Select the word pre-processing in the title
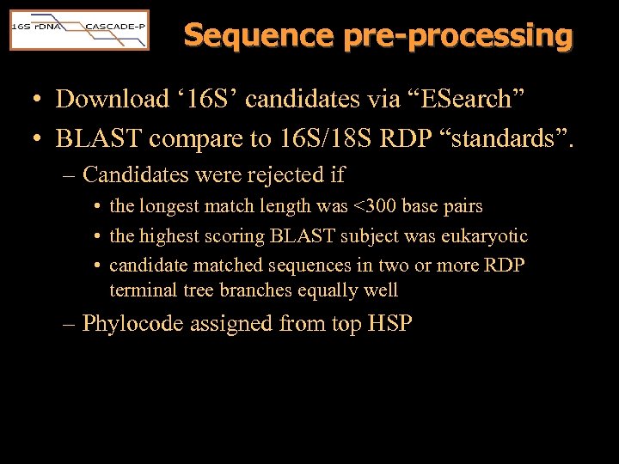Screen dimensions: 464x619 (x=457, y=35)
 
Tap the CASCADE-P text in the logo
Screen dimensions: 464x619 (x=114, y=26)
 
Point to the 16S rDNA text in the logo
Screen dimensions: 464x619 (x=34, y=27)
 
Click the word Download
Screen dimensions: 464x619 (x=113, y=99)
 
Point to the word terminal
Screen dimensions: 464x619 (x=143, y=290)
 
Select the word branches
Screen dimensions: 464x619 (x=256, y=290)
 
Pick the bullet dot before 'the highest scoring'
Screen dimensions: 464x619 (x=100, y=236)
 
